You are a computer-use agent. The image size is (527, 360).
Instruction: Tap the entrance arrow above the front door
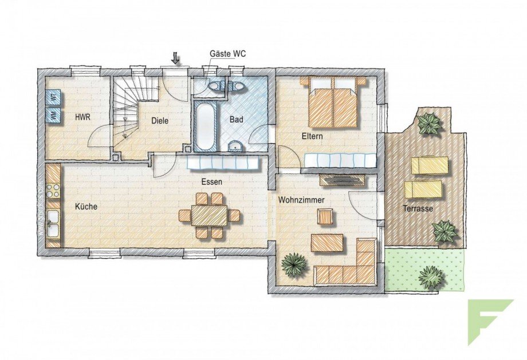click(x=175, y=58)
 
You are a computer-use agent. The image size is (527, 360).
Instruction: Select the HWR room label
click(x=83, y=117)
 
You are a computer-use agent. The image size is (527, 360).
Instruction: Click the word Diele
click(x=161, y=121)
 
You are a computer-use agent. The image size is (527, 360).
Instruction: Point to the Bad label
click(x=237, y=120)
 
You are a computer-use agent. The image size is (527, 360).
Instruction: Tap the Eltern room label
click(x=313, y=136)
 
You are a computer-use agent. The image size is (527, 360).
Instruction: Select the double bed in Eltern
click(x=333, y=104)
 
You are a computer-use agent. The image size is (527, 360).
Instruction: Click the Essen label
click(x=211, y=181)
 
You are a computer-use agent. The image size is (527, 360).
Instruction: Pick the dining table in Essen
click(x=209, y=215)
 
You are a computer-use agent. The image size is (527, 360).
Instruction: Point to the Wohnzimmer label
click(x=301, y=200)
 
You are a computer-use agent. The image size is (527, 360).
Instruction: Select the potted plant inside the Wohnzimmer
click(x=294, y=265)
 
